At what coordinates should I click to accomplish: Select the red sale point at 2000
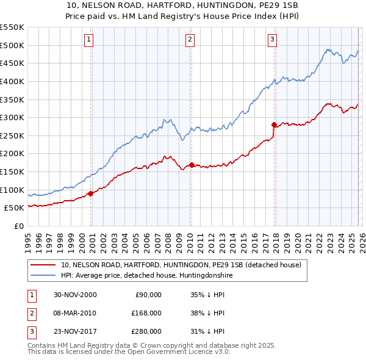click(91, 193)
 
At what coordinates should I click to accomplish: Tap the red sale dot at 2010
click(192, 165)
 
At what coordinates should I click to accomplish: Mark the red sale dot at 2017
click(274, 124)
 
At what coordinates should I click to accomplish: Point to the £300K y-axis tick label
click(12, 117)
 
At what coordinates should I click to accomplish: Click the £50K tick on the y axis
click(15, 208)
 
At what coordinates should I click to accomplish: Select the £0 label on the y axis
click(19, 226)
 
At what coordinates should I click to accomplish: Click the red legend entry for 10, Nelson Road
click(181, 265)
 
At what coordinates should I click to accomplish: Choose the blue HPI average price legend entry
click(147, 276)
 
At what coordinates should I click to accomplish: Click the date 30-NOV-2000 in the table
click(75, 295)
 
